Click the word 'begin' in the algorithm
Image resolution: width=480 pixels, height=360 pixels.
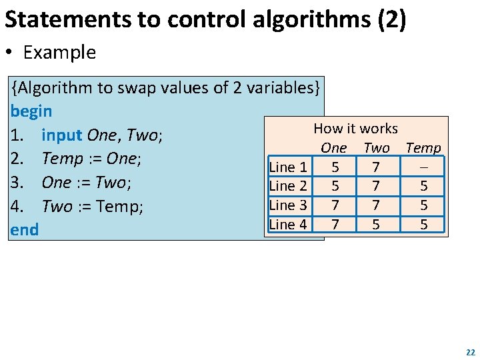(x=31, y=111)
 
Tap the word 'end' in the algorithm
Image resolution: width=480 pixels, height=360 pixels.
(x=25, y=230)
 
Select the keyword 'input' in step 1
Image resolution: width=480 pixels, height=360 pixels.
(x=62, y=135)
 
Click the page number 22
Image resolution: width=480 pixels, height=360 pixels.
(x=471, y=352)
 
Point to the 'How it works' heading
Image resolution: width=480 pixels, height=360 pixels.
(x=355, y=129)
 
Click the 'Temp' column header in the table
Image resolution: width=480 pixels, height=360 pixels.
(x=423, y=148)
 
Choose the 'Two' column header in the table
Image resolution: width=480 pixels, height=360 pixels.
(x=377, y=148)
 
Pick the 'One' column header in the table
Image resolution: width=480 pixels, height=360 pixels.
(x=333, y=148)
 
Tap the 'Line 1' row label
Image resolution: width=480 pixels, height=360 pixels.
(x=288, y=167)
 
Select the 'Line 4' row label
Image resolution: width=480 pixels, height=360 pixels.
(x=288, y=225)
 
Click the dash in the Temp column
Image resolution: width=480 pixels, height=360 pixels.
(x=423, y=167)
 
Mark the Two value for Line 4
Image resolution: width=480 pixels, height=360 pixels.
(x=376, y=225)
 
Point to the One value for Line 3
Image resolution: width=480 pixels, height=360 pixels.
(x=335, y=206)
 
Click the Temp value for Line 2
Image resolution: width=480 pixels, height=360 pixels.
(x=423, y=187)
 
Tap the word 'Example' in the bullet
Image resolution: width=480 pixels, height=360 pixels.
(x=59, y=53)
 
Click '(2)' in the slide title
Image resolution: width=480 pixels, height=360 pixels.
(x=391, y=20)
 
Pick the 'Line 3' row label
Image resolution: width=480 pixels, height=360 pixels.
(x=288, y=205)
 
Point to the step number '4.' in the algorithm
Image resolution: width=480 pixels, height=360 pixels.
(x=18, y=207)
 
